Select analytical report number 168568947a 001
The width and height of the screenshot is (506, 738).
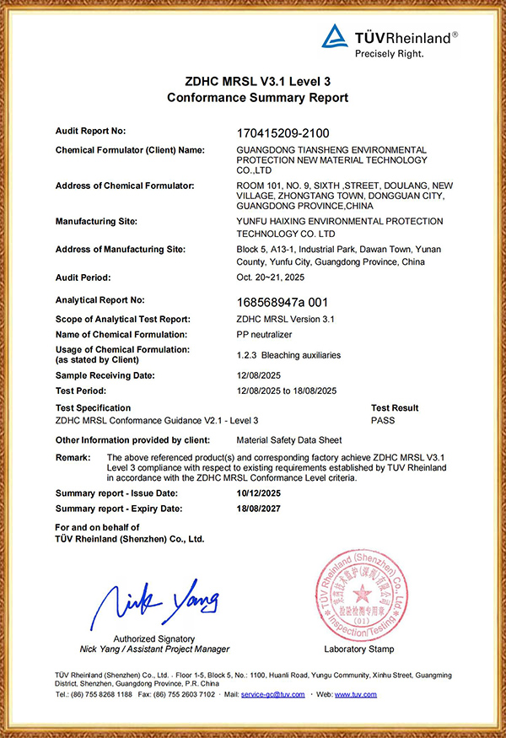pyautogui.click(x=280, y=301)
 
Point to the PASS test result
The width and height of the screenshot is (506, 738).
pyautogui.click(x=382, y=420)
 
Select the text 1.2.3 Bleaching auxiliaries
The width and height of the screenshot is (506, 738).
pyautogui.click(x=288, y=355)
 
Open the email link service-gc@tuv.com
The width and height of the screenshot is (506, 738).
pyautogui.click(x=272, y=694)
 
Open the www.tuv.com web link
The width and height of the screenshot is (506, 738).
pyautogui.click(x=356, y=694)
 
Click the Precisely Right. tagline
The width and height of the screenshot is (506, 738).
pyautogui.click(x=388, y=53)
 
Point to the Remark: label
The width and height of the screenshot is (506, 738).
pyautogui.click(x=73, y=456)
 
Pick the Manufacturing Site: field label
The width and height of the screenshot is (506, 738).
pyautogui.click(x=95, y=222)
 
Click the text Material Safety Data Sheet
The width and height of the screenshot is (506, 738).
pyautogui.click(x=289, y=440)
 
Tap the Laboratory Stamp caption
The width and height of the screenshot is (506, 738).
pyautogui.click(x=358, y=649)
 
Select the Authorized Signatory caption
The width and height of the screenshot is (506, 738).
pyautogui.click(x=153, y=638)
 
